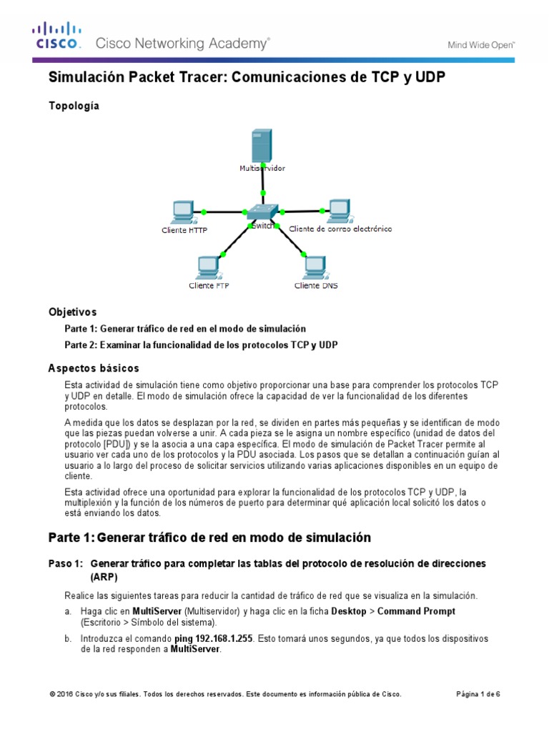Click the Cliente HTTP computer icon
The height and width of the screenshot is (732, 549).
coord(183,212)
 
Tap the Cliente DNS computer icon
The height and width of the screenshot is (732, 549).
coord(315,268)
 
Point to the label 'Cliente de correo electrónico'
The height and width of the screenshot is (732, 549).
coord(340,229)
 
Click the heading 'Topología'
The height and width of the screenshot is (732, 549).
coord(74,106)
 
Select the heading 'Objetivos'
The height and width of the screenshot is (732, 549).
coord(72,312)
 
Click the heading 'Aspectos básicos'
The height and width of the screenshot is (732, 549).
coord(88,367)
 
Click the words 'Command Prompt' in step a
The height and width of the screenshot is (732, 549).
coord(416,612)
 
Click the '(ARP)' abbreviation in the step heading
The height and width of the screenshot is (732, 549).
coord(104,577)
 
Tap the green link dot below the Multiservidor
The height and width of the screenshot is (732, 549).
coord(263,193)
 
